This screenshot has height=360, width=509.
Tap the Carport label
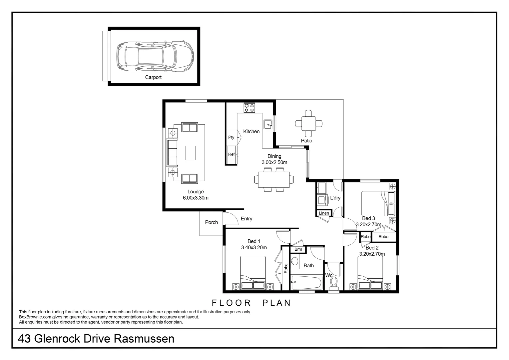pos(153,77)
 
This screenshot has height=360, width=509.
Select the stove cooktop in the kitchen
pos(249,108)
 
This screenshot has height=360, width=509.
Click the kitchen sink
pos(268,125)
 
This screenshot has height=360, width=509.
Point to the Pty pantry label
pos(231,137)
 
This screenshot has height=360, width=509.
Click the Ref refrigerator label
pos(231,154)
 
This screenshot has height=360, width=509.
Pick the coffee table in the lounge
pos(191,153)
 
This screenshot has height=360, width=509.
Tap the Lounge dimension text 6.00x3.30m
pos(196,198)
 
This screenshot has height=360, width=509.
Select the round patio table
pos(309,124)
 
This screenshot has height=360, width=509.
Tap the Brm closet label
pos(298,249)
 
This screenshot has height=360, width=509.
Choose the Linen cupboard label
pos(324,213)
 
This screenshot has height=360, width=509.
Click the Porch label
pos(212,222)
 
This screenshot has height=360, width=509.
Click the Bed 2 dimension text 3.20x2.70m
pos(372,254)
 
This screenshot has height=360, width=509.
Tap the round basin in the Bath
pos(295,261)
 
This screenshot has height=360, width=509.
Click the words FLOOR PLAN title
pos(252,303)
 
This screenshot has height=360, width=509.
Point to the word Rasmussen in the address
pos(144,339)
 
